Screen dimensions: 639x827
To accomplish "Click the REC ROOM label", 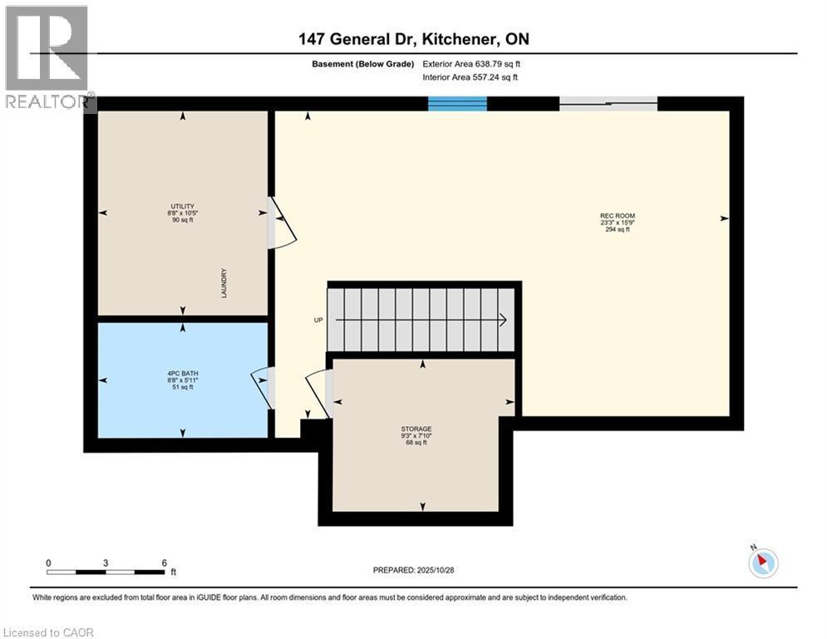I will tap(618, 222).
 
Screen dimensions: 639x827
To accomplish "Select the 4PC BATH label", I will tap(183, 379).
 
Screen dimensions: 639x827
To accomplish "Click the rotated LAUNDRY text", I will tap(224, 284).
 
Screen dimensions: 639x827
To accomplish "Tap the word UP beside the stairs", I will tap(318, 319).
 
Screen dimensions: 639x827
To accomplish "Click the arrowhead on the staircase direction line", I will tap(504, 319).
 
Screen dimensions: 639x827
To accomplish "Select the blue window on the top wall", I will tap(457, 103).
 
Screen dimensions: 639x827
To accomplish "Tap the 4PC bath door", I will tap(263, 387).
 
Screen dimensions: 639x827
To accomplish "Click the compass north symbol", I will tap(762, 562).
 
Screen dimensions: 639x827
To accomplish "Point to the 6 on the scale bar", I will tap(165, 562).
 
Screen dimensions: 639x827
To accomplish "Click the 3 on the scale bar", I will tap(106, 562).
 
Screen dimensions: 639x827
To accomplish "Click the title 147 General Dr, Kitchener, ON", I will tap(413, 38).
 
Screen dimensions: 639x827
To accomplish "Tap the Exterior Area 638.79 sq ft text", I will tap(471, 63).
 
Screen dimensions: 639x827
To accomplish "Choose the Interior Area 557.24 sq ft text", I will tap(471, 77).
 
